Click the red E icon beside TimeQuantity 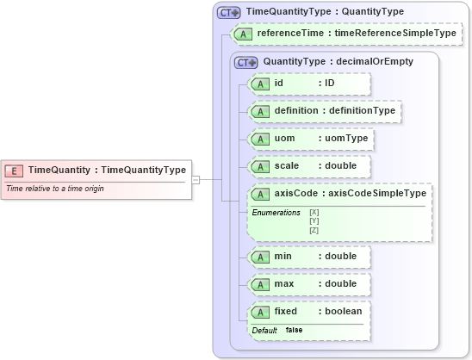[15, 170]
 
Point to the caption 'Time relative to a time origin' [55, 188]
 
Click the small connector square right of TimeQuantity [196, 179]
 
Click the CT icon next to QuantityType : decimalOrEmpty [247, 62]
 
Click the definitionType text [363, 111]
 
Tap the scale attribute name [286, 166]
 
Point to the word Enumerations [276, 212]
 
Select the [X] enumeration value [314, 212]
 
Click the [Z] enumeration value [314, 230]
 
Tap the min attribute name [283, 256]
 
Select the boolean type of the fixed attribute [346, 311]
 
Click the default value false [294, 330]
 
